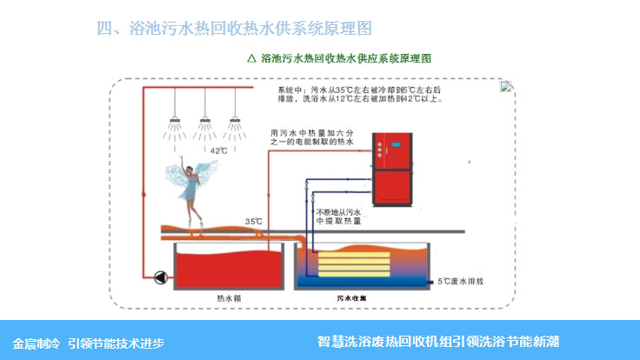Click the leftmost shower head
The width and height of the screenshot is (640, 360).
coord(176,120)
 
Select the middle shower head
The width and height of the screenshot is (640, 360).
coord(205,120)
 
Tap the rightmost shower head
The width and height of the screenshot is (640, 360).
coord(234,120)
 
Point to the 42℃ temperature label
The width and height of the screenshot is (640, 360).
coord(219,150)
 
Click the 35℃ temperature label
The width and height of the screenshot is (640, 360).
coord(254,222)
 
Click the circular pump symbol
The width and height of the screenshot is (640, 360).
coord(160,278)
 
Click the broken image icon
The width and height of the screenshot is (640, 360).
coord(506,86)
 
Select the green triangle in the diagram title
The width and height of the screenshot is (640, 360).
coord(251,59)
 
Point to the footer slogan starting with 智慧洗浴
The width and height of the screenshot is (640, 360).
coord(437,341)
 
